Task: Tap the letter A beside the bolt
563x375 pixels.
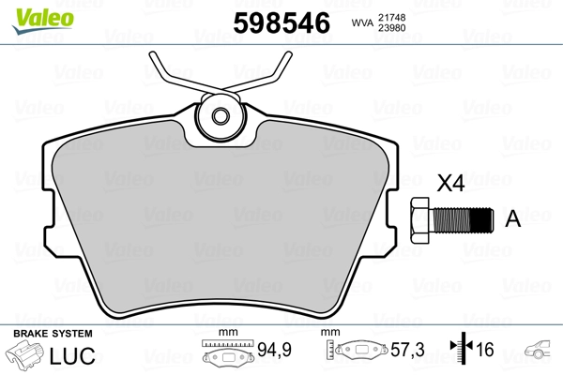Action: (x=512, y=219)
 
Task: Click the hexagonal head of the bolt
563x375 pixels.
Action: (x=419, y=219)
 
